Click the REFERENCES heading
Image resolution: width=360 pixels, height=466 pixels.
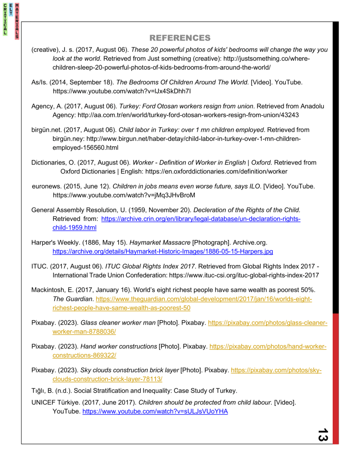(180, 37)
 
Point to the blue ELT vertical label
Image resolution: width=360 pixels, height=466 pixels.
(11, 10)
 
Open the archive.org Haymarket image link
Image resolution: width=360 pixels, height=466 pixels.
(163, 251)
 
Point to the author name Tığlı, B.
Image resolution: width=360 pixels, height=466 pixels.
(43, 391)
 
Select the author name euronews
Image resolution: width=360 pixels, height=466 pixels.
(47, 186)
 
